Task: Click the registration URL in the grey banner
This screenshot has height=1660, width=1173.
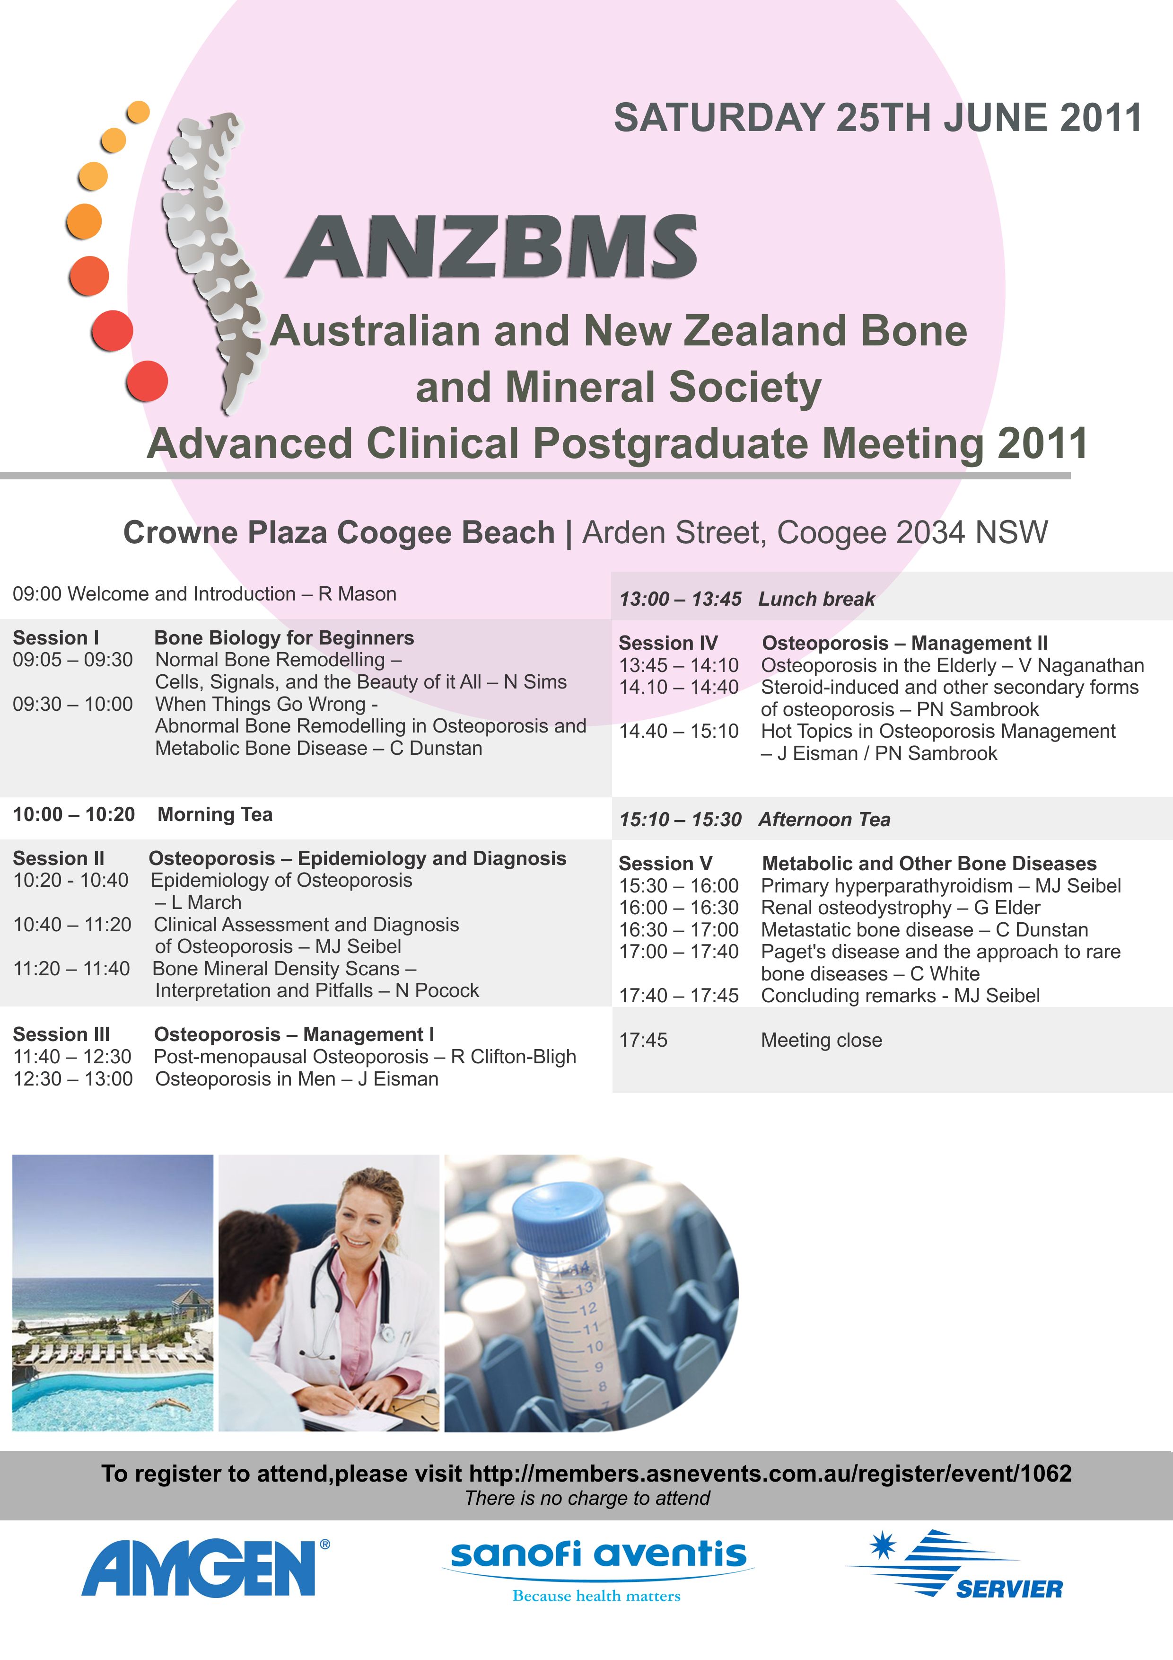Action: [x=770, y=1473]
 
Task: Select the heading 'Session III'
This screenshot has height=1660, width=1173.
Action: [x=61, y=1034]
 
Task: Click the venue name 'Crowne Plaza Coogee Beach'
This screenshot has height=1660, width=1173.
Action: [x=339, y=532]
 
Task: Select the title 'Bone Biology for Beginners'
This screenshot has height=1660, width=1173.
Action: [x=284, y=638]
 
